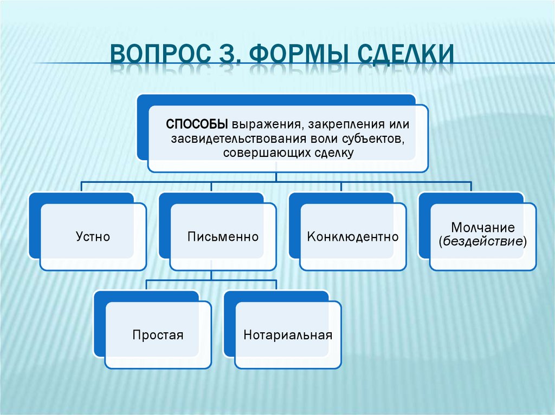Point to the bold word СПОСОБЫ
point(197,124)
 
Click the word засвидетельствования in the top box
point(238,139)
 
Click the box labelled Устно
point(93,236)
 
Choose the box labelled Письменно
point(223,236)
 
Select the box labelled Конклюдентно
point(353,236)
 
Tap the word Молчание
point(483,227)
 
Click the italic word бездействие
point(483,241)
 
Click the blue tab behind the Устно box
point(34,227)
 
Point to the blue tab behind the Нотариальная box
point(229,325)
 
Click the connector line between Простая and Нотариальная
point(211,280)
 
